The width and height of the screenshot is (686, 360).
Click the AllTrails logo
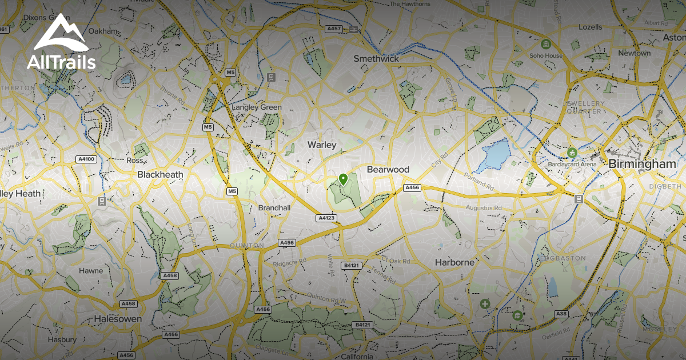click(61, 43)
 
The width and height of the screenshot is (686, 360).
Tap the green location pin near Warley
click(343, 179)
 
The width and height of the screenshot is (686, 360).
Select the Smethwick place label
click(376, 58)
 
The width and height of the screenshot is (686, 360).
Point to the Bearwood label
click(388, 170)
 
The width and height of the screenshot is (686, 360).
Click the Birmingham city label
click(642, 164)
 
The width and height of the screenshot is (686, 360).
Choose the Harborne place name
click(455, 262)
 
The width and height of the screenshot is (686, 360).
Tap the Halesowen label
click(118, 319)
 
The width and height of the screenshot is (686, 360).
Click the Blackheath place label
click(160, 174)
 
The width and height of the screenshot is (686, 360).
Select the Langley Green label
click(257, 107)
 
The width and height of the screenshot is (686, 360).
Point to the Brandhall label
click(274, 208)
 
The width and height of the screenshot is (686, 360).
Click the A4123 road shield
click(326, 218)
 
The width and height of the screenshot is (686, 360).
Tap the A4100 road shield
click(86, 159)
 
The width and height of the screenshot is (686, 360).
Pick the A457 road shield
click(333, 29)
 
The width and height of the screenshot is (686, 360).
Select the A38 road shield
click(561, 314)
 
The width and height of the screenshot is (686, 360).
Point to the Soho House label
click(545, 55)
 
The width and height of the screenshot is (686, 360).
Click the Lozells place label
click(590, 27)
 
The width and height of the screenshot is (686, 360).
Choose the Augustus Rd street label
click(483, 208)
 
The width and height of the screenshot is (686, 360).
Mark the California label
click(357, 357)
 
